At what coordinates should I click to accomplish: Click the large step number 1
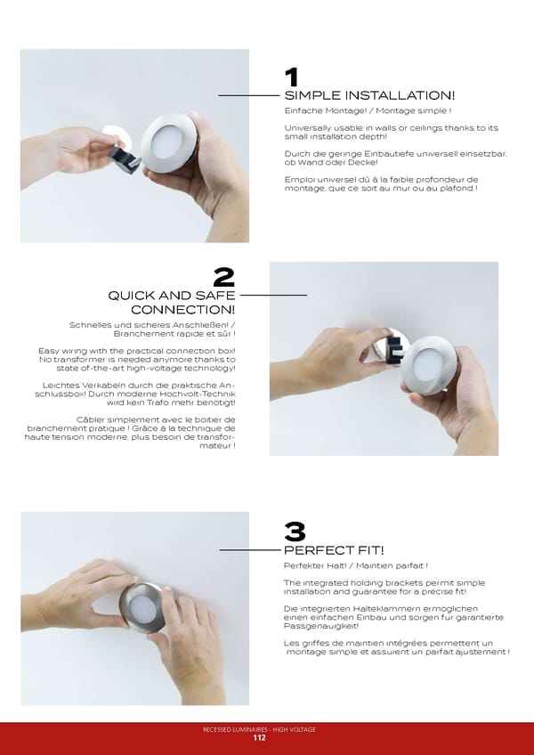(x=291, y=77)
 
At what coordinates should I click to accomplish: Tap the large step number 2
(x=224, y=278)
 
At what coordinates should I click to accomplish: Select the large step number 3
(x=295, y=532)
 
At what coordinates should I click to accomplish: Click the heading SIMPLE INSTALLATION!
(x=369, y=95)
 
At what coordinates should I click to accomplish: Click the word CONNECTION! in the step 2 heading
(x=183, y=309)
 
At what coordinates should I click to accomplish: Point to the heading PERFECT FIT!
(x=334, y=550)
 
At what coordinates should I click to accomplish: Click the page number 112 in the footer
(x=260, y=738)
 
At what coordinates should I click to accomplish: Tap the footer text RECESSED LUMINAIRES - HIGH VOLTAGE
(x=259, y=729)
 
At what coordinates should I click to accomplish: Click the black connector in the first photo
(x=125, y=159)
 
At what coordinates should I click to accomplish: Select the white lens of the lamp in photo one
(x=166, y=142)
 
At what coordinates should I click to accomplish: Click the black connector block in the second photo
(x=394, y=350)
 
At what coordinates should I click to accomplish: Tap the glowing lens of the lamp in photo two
(x=427, y=364)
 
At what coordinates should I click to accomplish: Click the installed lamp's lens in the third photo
(x=143, y=609)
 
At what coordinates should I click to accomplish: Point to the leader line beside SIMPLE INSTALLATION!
(x=249, y=96)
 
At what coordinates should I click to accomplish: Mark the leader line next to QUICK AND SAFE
(x=273, y=295)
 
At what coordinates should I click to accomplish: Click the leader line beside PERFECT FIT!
(x=250, y=550)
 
